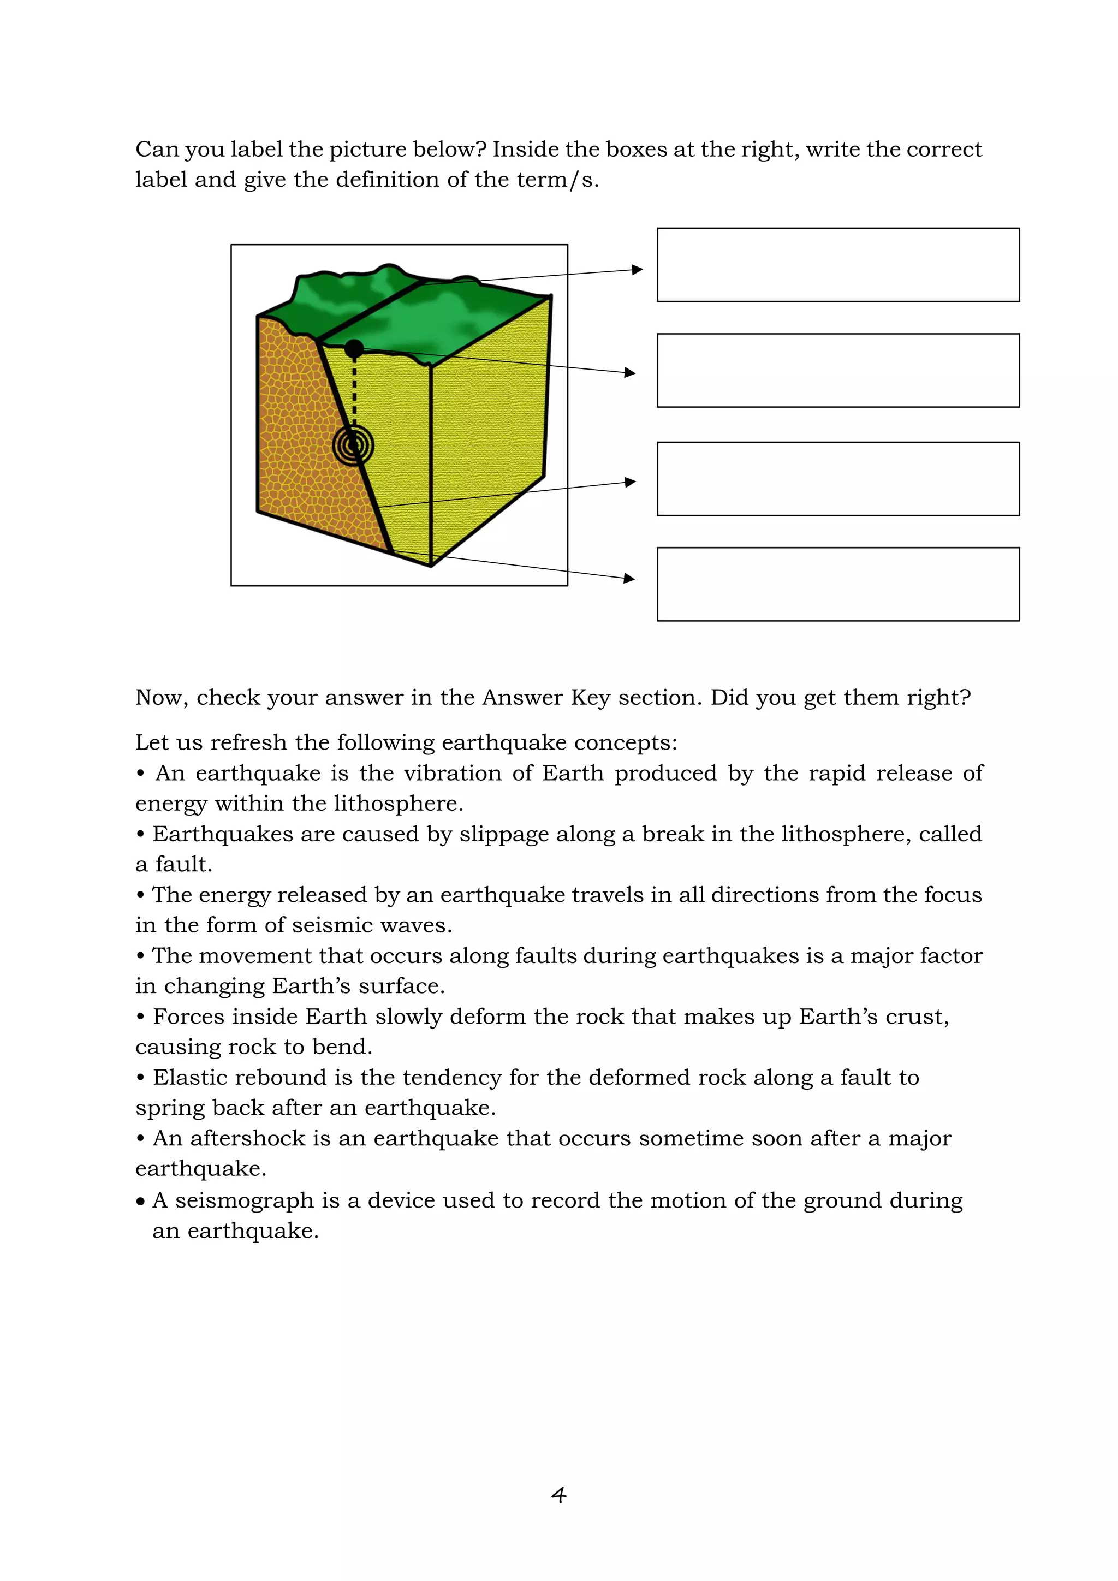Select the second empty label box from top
[x=838, y=371]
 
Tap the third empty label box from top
[x=838, y=479]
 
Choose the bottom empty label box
[x=838, y=584]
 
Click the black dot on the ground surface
[x=354, y=348]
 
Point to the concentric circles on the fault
[x=353, y=445]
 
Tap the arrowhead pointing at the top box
[x=637, y=270]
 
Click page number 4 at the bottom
[x=559, y=1495]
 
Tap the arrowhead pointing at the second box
[x=629, y=372]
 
